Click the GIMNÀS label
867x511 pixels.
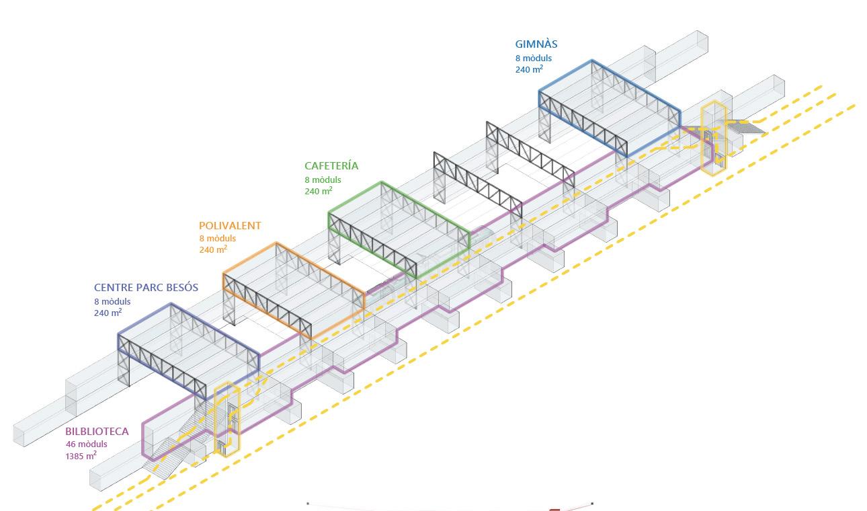[536, 44]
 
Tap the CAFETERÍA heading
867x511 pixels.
[331, 166]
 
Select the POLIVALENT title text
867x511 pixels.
[230, 227]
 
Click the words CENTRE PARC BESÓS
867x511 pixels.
[146, 288]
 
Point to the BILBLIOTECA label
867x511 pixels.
[97, 432]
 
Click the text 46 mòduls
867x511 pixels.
[86, 444]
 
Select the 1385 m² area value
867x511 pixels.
[81, 456]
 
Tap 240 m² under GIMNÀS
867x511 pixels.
[529, 69]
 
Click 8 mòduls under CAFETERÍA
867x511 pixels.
[323, 180]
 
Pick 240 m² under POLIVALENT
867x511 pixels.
[212, 249]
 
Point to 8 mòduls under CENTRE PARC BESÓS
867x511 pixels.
[112, 301]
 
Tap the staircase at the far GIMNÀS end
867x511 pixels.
[746, 126]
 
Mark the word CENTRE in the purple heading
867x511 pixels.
[113, 288]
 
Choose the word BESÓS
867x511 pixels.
[181, 288]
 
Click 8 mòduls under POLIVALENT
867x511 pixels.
[217, 239]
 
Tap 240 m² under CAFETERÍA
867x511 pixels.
[318, 191]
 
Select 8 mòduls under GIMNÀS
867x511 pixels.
[534, 58]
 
